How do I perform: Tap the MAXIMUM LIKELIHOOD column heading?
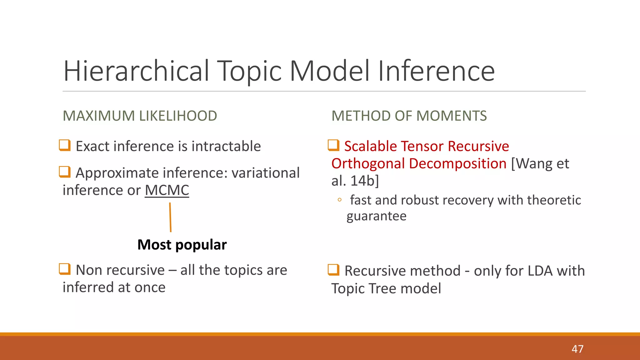click(x=140, y=116)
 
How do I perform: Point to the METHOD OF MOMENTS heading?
click(x=409, y=116)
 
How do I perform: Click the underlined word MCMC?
click(x=167, y=190)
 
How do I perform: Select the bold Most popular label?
click(x=182, y=245)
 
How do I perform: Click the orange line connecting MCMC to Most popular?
click(x=170, y=217)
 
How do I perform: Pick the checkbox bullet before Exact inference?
click(x=65, y=145)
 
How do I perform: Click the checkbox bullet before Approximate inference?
click(x=65, y=172)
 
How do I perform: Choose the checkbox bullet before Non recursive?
click(x=65, y=269)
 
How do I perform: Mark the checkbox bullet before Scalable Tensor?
click(x=333, y=145)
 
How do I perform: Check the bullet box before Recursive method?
click(x=333, y=270)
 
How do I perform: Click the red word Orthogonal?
click(x=368, y=164)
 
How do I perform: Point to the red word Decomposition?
click(x=458, y=164)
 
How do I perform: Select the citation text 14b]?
click(x=364, y=181)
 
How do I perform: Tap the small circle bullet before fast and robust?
click(x=339, y=200)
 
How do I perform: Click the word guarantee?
click(x=377, y=216)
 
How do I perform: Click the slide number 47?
click(x=577, y=349)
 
